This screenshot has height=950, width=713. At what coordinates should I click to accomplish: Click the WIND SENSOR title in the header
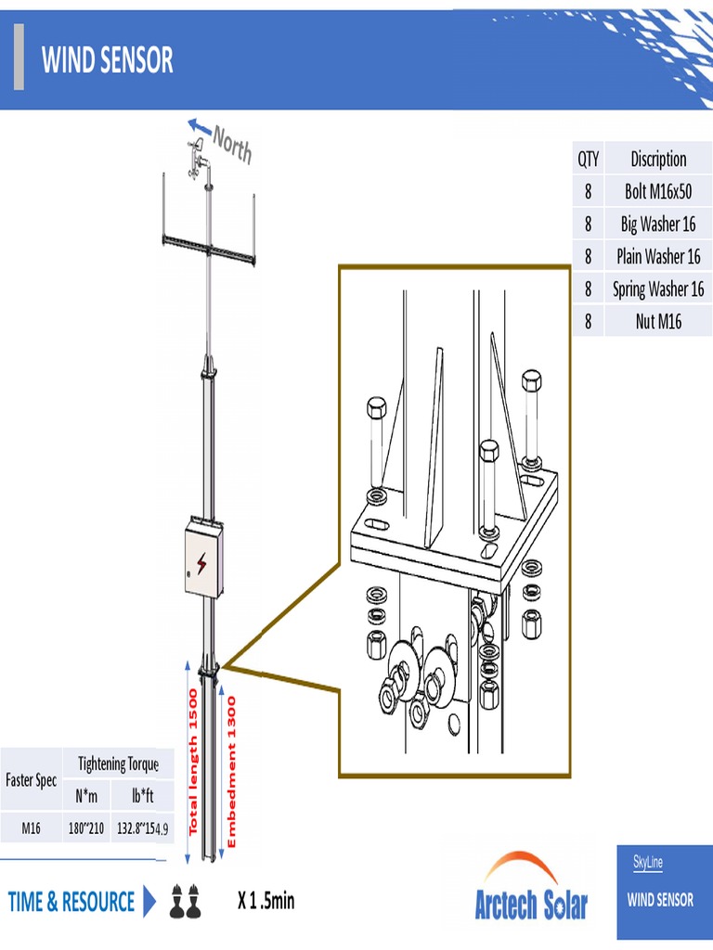[x=107, y=61]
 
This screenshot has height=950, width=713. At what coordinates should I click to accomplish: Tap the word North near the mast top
[x=232, y=145]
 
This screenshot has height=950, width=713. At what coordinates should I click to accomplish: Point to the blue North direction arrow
[x=199, y=126]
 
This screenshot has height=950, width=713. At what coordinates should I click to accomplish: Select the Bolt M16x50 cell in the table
[x=657, y=192]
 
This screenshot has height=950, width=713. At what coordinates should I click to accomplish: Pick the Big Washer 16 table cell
[x=657, y=225]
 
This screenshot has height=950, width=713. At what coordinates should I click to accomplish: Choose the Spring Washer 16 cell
[x=657, y=289]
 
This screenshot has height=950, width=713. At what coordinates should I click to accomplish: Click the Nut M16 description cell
[x=657, y=322]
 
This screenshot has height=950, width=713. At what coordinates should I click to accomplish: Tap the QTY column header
[x=589, y=159]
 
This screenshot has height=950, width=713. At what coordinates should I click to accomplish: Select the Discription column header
[x=657, y=159]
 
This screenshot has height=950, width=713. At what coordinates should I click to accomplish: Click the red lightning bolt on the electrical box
[x=201, y=562]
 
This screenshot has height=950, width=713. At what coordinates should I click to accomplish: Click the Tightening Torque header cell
[x=118, y=764]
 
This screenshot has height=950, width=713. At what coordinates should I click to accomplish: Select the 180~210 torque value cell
[x=85, y=828]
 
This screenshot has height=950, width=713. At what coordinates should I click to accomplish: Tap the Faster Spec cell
[x=32, y=780]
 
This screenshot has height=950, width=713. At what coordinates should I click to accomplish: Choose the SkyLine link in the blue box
[x=648, y=863]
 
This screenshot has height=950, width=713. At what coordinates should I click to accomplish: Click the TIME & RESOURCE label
[x=71, y=902]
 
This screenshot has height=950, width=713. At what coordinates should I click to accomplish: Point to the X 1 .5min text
[x=266, y=900]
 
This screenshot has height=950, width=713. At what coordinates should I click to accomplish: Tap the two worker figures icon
[x=184, y=901]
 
